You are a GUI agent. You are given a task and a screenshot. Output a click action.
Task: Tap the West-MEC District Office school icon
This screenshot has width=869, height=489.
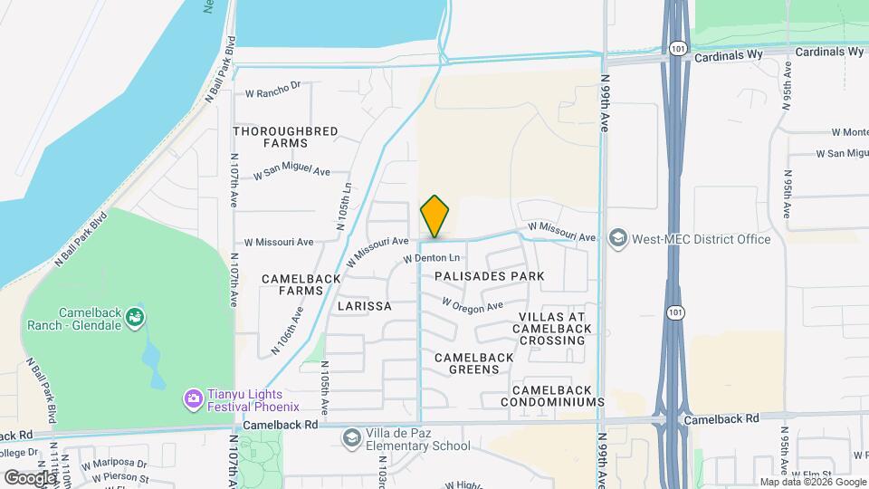[x=618, y=239]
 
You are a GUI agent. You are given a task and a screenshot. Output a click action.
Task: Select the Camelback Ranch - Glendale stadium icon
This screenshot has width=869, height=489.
[x=136, y=316]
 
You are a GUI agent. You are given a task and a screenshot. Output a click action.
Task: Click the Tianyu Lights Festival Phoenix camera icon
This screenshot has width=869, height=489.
[x=193, y=398]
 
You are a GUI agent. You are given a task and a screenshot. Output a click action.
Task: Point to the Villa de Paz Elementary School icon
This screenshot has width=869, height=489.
[x=350, y=439]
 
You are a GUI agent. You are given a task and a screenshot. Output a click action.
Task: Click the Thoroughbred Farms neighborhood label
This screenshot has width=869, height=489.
[x=286, y=137]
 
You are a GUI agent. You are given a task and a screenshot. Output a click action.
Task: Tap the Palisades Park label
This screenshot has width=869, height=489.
[x=489, y=275]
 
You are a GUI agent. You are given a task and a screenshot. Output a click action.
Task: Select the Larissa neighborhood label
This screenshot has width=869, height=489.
[x=364, y=306]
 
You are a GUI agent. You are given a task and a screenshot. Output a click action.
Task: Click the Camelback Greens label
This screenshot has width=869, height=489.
[x=474, y=363]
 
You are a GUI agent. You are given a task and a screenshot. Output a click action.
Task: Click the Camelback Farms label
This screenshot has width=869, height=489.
[x=292, y=284]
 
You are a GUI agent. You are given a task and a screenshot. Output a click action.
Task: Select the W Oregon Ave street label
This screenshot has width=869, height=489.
[x=472, y=305]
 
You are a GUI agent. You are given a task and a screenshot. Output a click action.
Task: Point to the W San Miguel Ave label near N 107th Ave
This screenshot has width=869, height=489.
[x=291, y=172]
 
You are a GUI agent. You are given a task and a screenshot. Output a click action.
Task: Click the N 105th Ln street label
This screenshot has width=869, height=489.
[x=345, y=209]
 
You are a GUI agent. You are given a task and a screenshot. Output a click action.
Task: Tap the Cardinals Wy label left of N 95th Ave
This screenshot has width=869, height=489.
[x=731, y=55]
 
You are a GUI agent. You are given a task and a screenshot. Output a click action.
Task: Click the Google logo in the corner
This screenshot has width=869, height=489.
[x=29, y=477]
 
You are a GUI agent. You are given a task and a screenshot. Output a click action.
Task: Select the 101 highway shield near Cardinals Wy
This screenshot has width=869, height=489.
[x=678, y=47]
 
